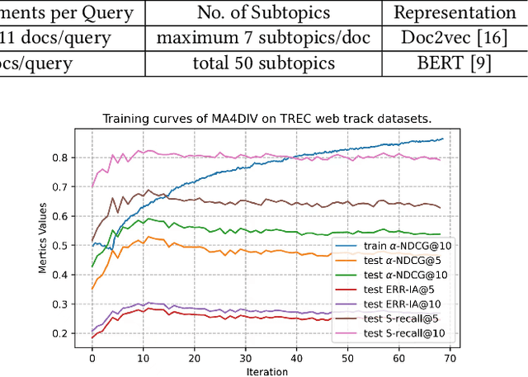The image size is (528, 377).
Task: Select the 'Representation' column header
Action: (x=454, y=12)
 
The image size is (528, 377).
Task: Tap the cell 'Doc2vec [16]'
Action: (x=454, y=38)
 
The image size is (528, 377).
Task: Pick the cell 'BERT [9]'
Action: (x=454, y=63)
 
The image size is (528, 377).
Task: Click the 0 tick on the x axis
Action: (x=92, y=358)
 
